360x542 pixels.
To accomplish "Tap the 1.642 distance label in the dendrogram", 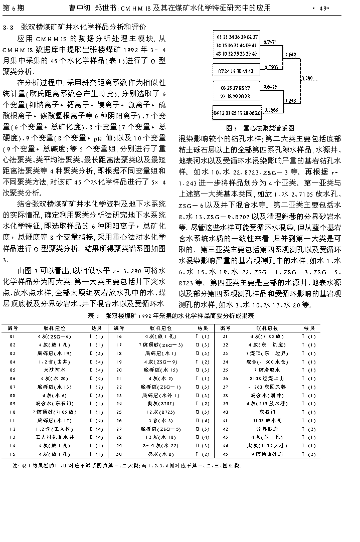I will (x=290, y=55).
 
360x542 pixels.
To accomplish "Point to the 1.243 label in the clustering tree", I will (x=291, y=101).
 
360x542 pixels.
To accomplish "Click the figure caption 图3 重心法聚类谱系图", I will (x=260, y=128).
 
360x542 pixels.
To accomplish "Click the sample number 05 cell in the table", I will (x=13, y=370).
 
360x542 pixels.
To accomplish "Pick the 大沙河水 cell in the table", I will (x=54, y=370).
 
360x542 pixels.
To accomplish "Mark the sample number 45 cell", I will (x=226, y=454).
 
